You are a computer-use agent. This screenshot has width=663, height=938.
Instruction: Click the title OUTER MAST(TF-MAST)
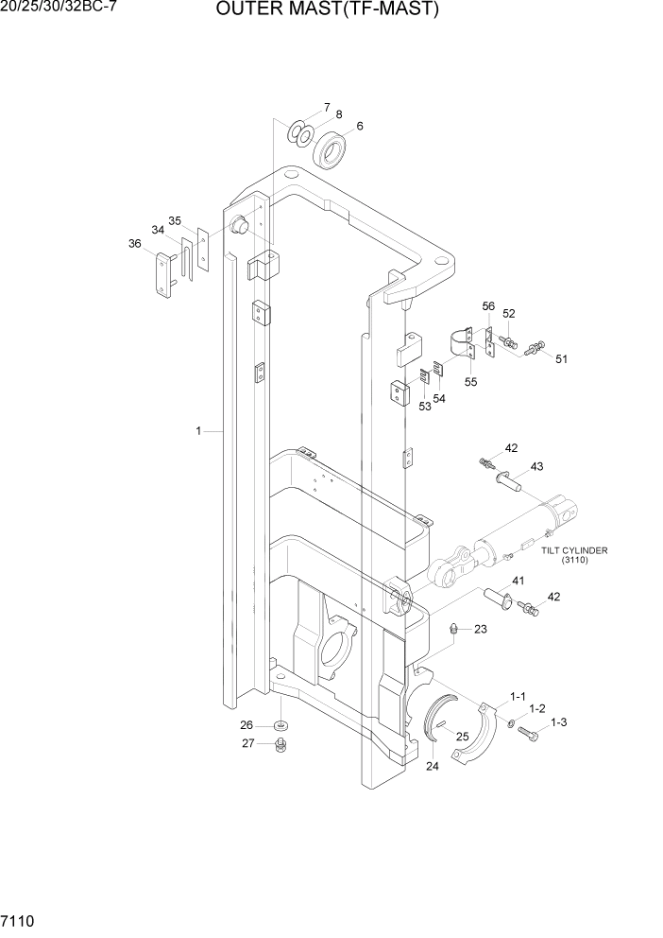[x=328, y=10]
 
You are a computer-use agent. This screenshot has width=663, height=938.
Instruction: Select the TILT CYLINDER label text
[x=574, y=549]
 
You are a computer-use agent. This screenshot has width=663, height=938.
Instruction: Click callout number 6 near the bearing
[x=359, y=126]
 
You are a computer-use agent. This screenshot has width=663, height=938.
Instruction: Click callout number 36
[x=135, y=243]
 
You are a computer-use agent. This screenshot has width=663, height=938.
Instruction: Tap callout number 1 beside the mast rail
[x=198, y=431]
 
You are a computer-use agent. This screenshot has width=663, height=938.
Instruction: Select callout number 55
[x=470, y=382]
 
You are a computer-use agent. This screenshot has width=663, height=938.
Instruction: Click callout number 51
[x=561, y=358]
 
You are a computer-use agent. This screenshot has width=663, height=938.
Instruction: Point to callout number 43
[x=536, y=466]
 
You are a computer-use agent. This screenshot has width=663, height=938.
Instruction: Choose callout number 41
[x=518, y=580]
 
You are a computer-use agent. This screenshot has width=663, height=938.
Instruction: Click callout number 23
[x=480, y=629]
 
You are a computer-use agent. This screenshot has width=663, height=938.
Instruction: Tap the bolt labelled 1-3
[x=530, y=735]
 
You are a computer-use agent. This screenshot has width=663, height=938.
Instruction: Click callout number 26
[x=246, y=725]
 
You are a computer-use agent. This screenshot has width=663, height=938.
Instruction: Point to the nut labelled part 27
[x=280, y=746]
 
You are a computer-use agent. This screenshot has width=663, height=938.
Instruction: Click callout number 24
[x=432, y=766]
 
